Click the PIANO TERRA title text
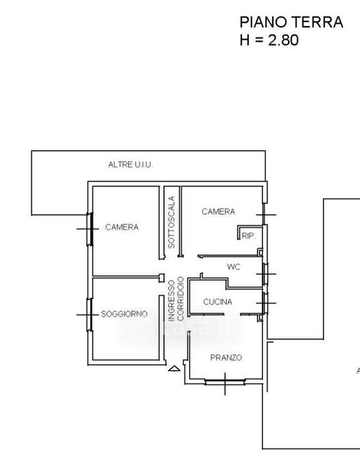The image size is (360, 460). tap(291, 22)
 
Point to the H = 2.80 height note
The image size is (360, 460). tap(269, 40)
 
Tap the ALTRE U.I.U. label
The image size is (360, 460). tap(130, 165)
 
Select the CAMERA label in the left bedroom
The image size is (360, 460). tap(122, 227)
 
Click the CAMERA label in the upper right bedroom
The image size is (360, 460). tap(218, 212)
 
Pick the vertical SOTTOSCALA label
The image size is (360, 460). tap(172, 222)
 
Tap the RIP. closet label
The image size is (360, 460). tap(248, 236)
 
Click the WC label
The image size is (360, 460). tap(234, 267)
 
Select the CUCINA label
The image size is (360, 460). tap(218, 302)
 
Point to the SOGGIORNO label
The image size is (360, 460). tap(124, 314)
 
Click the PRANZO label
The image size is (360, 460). tap(226, 357)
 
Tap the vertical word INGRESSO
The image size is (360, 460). tap(172, 301)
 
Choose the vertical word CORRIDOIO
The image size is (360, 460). tap(181, 299)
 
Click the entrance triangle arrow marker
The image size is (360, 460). tap(174, 369)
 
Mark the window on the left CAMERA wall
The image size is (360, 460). tap(90, 229)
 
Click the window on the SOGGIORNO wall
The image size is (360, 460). tap(90, 315)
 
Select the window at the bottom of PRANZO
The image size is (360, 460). tap(225, 381)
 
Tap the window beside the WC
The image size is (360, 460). tap(265, 274)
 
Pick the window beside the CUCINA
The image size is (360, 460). tap(265, 303)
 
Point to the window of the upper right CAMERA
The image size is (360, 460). tap(264, 215)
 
